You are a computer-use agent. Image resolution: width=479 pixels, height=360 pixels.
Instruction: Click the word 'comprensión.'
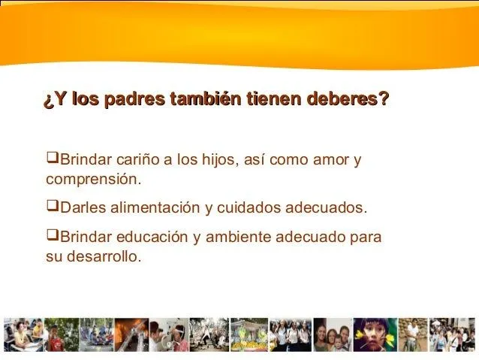click(93, 180)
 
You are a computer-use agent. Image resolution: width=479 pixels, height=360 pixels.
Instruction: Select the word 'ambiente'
click(236, 237)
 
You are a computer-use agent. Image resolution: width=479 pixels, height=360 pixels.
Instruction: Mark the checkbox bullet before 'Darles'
click(52, 207)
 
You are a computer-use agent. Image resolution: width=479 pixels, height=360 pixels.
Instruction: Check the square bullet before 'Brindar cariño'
click(52, 159)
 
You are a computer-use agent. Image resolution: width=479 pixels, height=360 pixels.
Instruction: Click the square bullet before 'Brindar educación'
click(52, 236)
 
